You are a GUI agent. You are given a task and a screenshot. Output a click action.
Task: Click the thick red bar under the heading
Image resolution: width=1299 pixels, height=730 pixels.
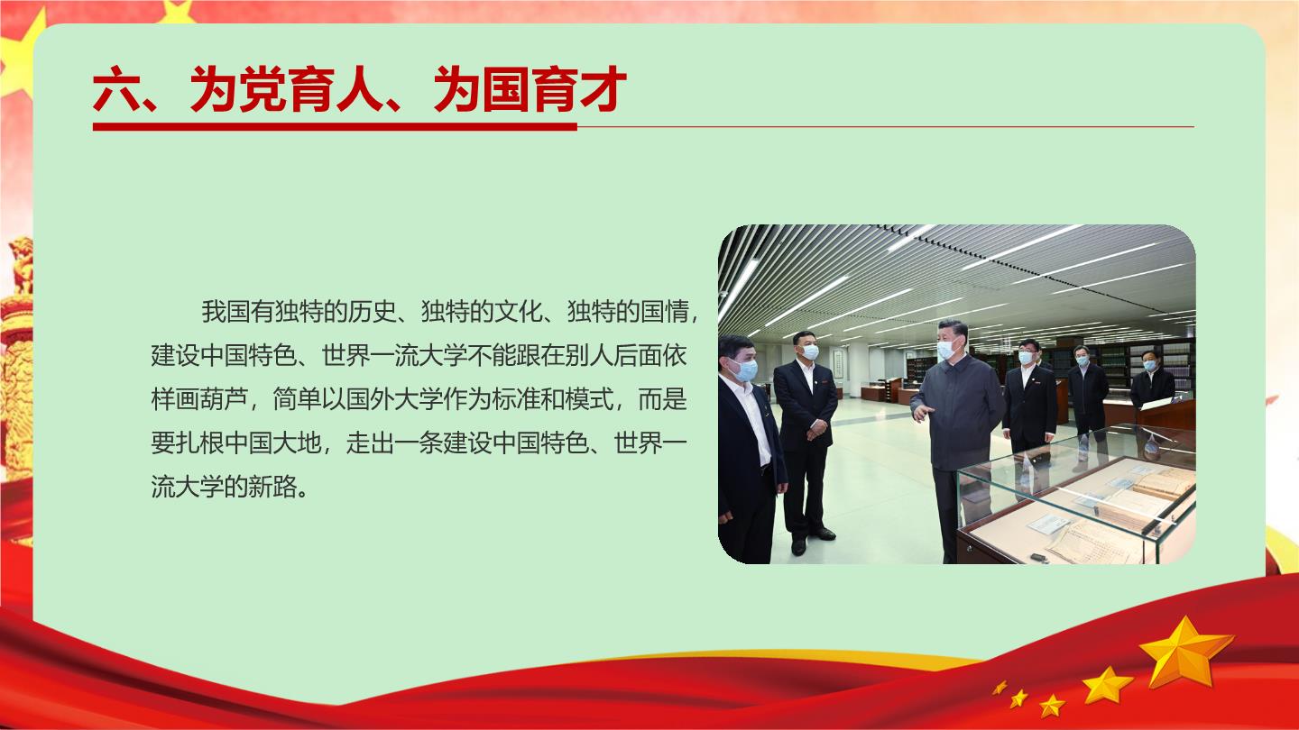click(335, 126)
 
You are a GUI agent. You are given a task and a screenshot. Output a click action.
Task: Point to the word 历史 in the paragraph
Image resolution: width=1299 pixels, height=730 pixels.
click(372, 311)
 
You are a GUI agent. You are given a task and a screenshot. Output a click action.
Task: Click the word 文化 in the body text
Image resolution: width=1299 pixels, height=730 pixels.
click(518, 311)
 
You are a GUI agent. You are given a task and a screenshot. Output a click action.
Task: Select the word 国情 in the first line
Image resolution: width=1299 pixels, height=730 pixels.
click(664, 311)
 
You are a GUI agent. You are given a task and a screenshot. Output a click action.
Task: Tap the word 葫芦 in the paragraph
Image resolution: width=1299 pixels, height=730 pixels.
click(224, 399)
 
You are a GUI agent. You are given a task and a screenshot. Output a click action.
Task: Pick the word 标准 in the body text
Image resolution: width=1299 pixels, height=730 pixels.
click(516, 399)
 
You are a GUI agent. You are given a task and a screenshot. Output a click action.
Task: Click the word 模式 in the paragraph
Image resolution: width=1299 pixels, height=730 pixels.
click(589, 399)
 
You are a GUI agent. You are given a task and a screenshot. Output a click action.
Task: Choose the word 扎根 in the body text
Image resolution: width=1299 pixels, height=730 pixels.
click(199, 443)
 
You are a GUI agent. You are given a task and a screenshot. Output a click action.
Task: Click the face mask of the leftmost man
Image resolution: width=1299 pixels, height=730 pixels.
click(744, 370)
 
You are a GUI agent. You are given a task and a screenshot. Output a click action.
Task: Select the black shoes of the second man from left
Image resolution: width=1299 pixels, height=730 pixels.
click(812, 540)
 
